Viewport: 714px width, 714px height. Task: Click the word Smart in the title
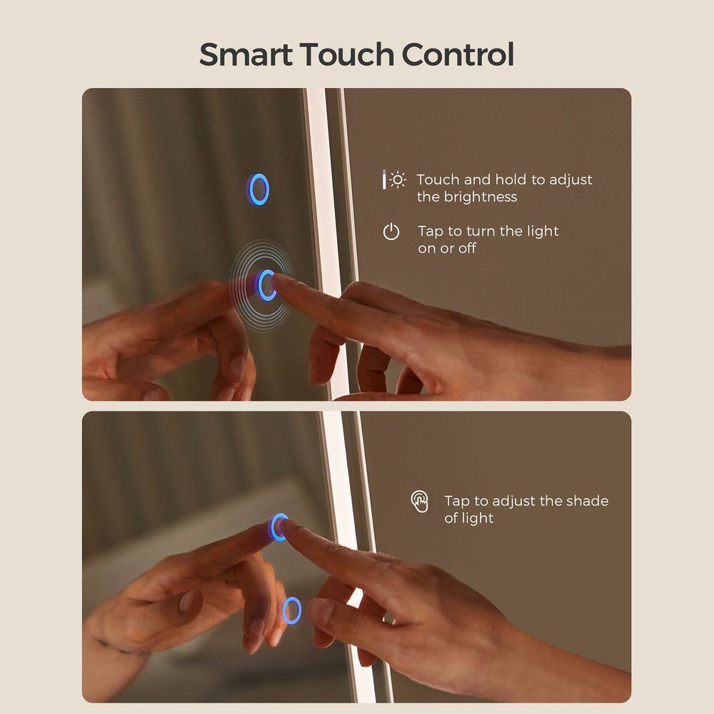point(245,55)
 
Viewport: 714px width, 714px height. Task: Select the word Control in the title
point(458,55)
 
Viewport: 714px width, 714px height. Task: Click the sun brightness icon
point(397,180)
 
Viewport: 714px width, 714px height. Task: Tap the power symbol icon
point(391,231)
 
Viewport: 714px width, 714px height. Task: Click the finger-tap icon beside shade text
point(420,501)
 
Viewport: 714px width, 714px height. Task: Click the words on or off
point(447,248)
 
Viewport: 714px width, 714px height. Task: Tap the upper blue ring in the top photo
point(259,189)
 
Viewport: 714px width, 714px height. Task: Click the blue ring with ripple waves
point(266,285)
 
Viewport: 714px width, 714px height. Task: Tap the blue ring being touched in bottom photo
point(278,527)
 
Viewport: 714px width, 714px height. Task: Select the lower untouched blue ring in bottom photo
point(291,610)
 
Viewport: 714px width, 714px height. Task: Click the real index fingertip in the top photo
point(278,281)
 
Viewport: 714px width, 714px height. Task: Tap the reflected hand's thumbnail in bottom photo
point(187,600)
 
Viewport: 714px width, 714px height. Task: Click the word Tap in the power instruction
point(431,231)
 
